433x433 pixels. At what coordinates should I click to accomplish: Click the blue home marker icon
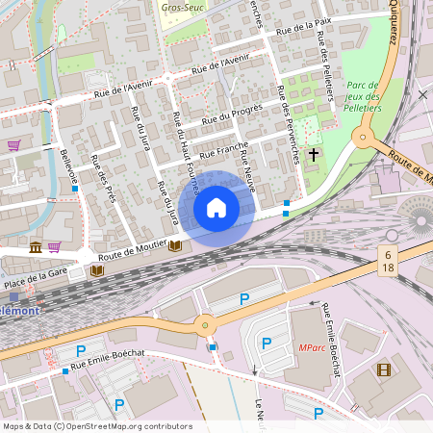click(216, 207)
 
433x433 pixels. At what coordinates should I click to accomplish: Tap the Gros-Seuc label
click(181, 7)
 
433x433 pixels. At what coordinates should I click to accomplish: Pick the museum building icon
click(36, 248)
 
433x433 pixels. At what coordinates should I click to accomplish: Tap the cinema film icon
click(384, 369)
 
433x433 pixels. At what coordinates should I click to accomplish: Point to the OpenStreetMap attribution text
click(96, 426)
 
